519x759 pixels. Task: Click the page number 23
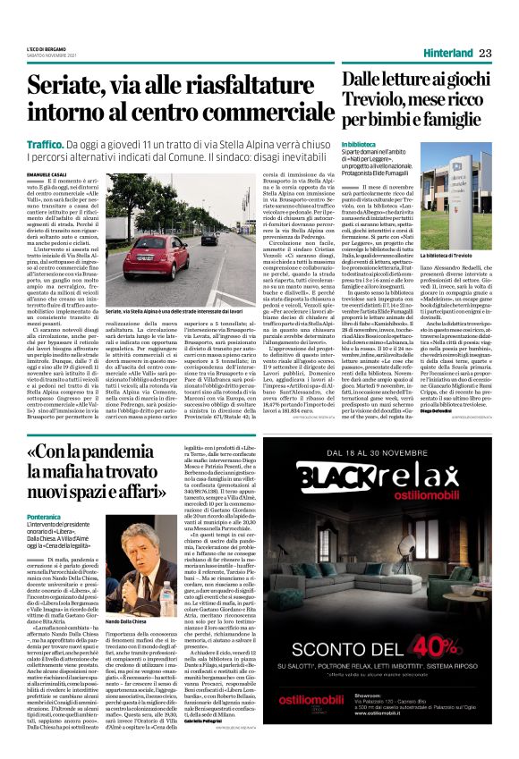487,53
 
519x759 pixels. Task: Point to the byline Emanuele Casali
47,173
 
